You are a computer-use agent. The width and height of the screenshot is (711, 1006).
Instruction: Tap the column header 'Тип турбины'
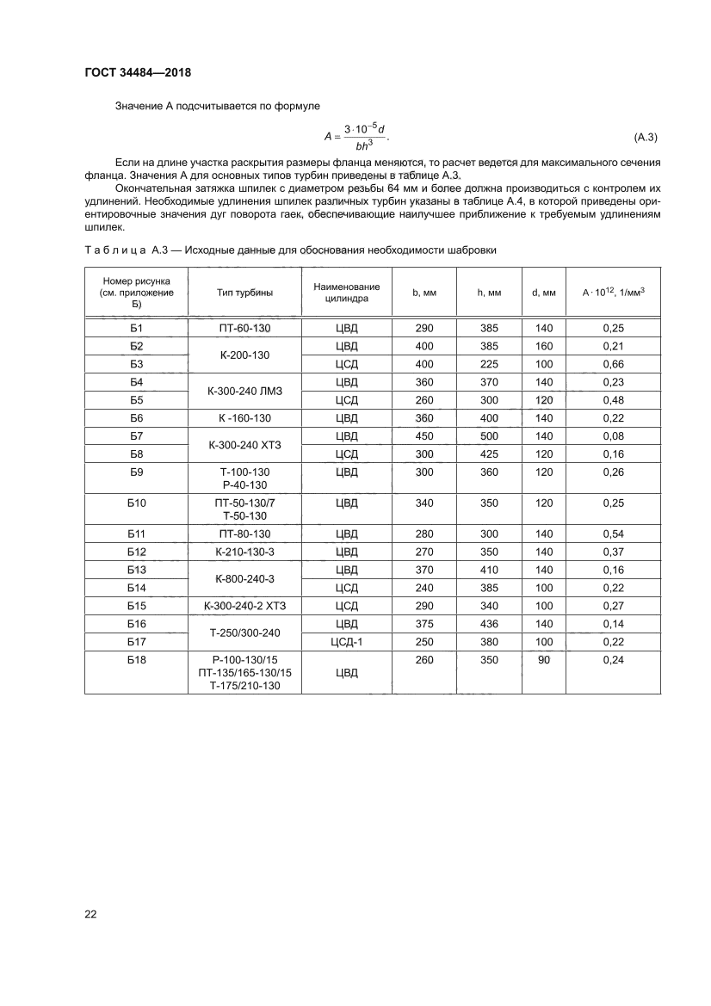244,293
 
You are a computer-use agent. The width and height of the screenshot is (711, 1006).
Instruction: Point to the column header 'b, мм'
424,293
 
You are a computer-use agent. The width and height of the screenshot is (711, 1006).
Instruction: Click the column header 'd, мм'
544,293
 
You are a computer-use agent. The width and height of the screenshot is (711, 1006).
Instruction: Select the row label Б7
136,436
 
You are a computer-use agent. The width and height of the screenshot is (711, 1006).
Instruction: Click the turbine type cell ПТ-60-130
244,328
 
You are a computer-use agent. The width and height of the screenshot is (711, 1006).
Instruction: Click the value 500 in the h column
489,436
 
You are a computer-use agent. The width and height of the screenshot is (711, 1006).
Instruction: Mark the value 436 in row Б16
489,623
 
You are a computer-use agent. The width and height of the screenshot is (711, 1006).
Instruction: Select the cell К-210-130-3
244,552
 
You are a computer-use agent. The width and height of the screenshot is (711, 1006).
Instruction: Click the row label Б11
136,534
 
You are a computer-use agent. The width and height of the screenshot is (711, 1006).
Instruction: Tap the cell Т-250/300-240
244,633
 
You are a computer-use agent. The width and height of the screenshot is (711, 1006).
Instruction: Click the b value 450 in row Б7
424,436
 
